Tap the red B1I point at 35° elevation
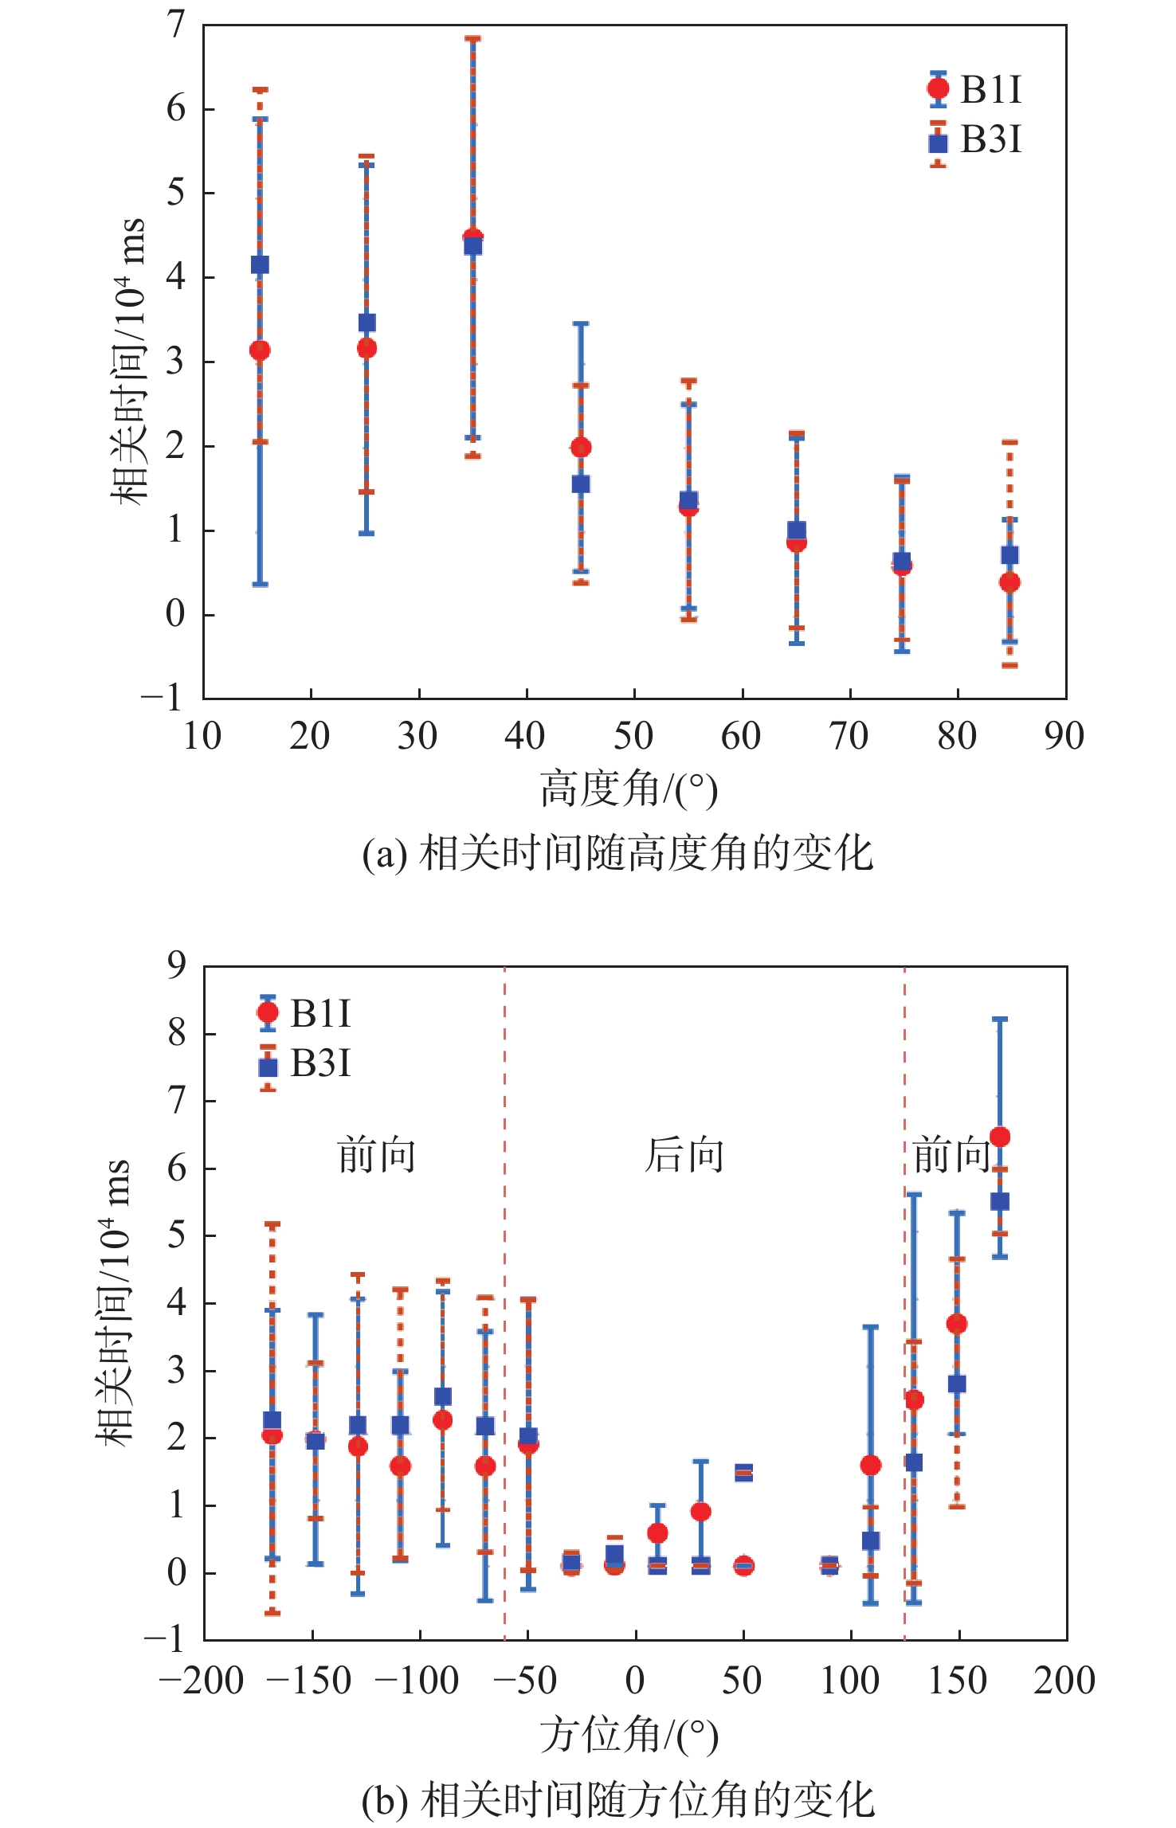coord(472,237)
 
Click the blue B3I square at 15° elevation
coord(260,264)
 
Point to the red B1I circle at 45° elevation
coord(581,448)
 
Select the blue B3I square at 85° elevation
coord(1009,555)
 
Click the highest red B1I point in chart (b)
coord(1000,1137)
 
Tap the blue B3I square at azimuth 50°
coord(743,1472)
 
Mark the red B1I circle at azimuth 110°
coord(871,1466)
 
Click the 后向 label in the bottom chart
coord(684,1155)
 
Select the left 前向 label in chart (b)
coord(377,1155)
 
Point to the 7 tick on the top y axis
coord(176,25)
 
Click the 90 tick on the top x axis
coord(1064,737)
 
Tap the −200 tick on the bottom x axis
coord(202,1681)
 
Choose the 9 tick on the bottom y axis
coord(176,965)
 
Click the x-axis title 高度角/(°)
coord(629,789)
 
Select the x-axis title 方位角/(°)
coord(629,1736)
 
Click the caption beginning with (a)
coord(617,854)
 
